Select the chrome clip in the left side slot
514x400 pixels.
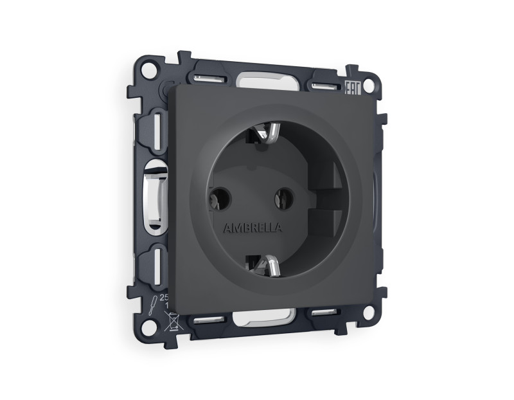click(154, 196)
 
